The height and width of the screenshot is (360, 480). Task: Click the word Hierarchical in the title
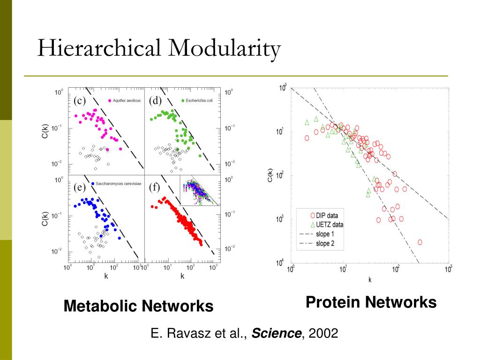[99, 49]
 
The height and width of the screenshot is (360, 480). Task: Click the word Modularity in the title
[225, 49]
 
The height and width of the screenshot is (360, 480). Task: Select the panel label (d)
[155, 100]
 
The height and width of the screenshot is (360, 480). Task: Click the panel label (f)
[155, 187]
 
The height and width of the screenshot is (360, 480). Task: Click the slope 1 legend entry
[325, 234]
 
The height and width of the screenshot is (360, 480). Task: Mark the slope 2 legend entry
[325, 243]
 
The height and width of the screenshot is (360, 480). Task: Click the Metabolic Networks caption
[138, 307]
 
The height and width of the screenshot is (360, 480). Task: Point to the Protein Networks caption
[371, 302]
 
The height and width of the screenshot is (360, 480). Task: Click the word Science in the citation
[277, 334]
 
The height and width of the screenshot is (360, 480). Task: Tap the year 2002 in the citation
[323, 334]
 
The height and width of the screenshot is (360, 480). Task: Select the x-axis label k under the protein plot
[370, 280]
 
